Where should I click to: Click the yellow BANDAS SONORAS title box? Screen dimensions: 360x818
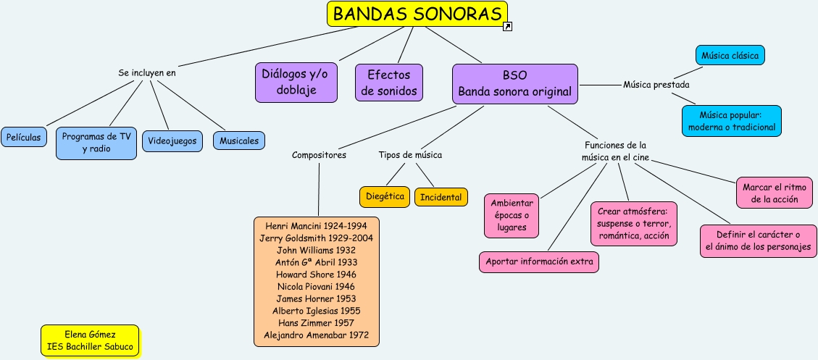point(417,14)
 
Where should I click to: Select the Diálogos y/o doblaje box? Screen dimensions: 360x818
point(296,82)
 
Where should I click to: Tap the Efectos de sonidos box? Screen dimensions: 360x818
point(388,83)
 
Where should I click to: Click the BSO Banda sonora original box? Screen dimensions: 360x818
point(514,83)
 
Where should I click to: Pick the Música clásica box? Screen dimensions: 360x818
point(730,55)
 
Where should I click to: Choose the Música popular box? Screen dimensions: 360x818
point(732,121)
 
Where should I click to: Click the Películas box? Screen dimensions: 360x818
point(25,136)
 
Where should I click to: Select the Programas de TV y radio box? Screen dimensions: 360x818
point(96,143)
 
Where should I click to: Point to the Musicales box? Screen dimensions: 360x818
point(239,141)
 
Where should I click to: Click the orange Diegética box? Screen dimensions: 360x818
point(385,196)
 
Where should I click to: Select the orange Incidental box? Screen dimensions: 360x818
point(441,197)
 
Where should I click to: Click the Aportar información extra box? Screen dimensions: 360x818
point(539,261)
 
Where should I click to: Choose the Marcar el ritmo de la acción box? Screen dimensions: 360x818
point(770,192)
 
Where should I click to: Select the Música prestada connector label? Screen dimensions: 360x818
point(656,85)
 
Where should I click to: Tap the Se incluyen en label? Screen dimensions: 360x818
point(147,72)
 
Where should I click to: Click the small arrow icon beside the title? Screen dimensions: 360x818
point(508,27)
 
